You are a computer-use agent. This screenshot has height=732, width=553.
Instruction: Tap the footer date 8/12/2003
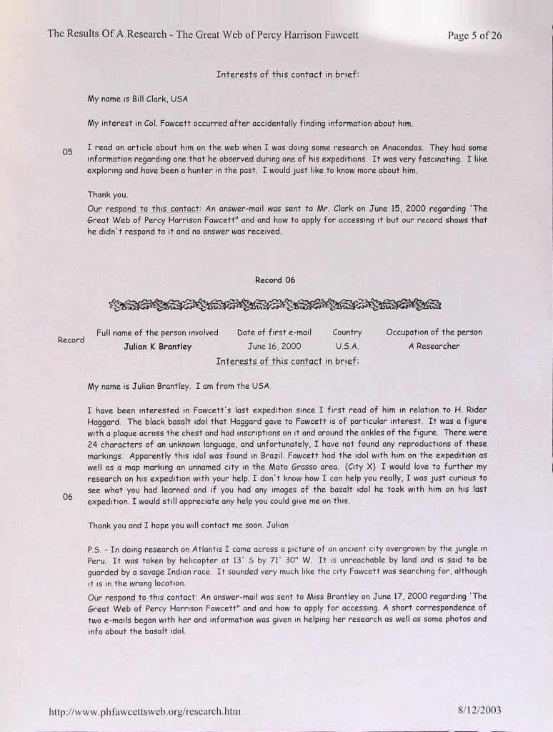pyautogui.click(x=480, y=711)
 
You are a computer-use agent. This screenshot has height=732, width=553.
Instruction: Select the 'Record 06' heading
pyautogui.click(x=275, y=280)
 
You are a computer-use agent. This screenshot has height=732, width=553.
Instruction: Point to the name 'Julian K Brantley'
pyautogui.click(x=158, y=347)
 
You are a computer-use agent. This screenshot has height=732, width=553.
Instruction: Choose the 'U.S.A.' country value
pyautogui.click(x=347, y=347)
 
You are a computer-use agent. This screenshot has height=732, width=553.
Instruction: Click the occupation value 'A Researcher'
pyautogui.click(x=434, y=347)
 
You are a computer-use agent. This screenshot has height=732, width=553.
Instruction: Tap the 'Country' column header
pyautogui.click(x=347, y=332)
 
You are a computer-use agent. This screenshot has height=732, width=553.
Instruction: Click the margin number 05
pyautogui.click(x=69, y=152)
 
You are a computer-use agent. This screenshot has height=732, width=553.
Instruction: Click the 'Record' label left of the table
pyautogui.click(x=71, y=340)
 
